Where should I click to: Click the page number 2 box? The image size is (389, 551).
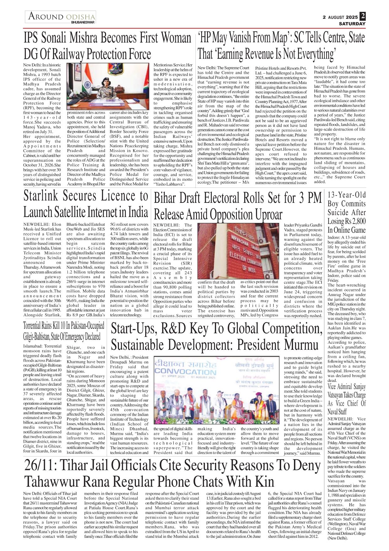[363, 16]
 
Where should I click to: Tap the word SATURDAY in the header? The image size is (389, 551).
[352, 24]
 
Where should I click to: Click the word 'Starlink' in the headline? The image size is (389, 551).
[41, 196]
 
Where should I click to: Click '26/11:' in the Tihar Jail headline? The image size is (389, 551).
[40, 465]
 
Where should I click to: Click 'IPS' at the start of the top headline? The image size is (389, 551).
[31, 38]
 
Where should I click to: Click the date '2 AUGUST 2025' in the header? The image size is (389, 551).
[340, 17]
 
